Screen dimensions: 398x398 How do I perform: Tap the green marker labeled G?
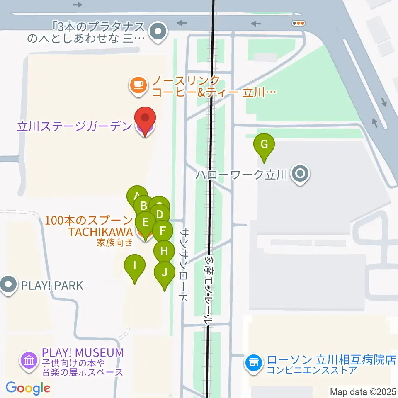point(264,145)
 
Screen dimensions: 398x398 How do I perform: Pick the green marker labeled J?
point(164,273)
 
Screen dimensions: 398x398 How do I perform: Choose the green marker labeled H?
point(164,251)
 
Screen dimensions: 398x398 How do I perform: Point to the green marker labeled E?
point(145,222)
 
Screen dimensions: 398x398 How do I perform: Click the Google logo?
point(28,388)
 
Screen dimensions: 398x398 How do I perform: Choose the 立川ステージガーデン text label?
point(75,126)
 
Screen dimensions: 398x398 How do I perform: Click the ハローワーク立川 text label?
point(242,175)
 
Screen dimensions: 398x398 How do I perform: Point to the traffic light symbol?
point(298,24)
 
